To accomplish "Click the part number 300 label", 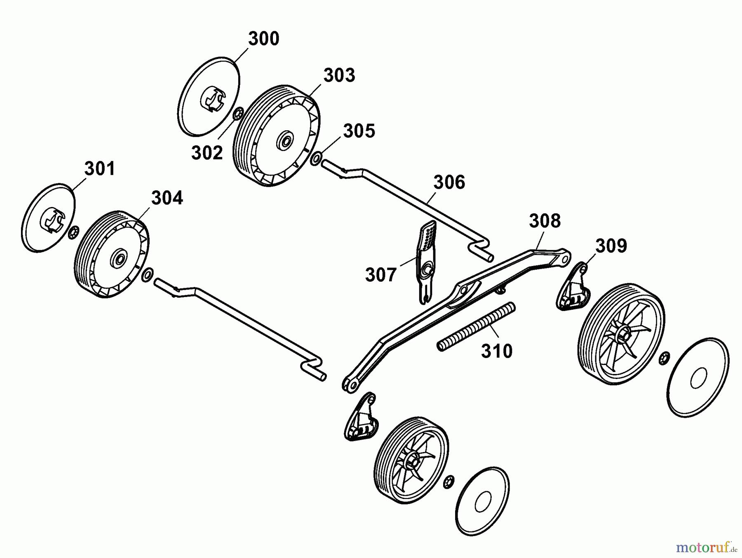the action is click(263, 39).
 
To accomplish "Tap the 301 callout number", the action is click(100, 169).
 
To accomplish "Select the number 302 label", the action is click(207, 153).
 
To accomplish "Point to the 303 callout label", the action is click(339, 75).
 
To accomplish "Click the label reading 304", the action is click(167, 198).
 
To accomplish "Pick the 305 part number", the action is click(359, 131).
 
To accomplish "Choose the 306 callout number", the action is click(449, 182).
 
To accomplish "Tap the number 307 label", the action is click(381, 275).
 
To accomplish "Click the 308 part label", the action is click(545, 221).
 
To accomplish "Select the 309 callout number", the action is click(611, 246).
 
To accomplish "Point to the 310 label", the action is click(497, 351).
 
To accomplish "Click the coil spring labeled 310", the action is click(476, 327).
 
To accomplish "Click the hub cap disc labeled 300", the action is click(210, 96).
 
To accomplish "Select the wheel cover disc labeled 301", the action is click(48, 217).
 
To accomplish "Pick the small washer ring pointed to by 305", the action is click(316, 158).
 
